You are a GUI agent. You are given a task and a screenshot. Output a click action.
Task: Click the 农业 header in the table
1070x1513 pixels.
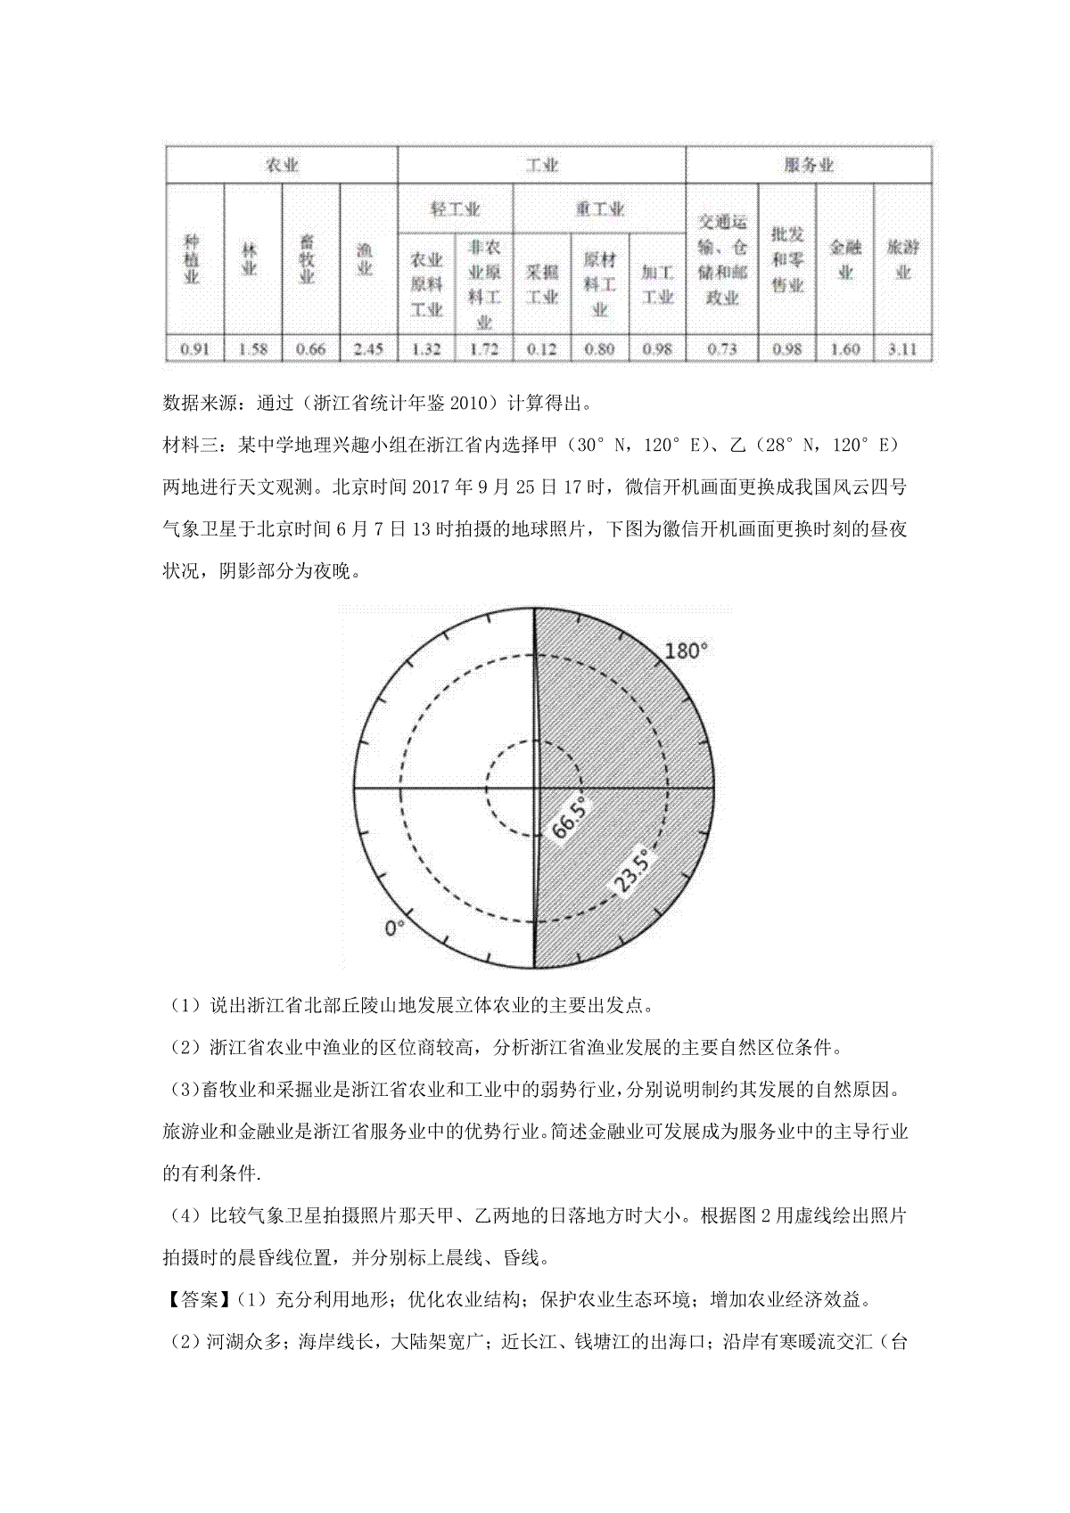pyautogui.click(x=282, y=166)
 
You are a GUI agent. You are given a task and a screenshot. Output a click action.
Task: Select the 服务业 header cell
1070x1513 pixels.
pyautogui.click(x=808, y=166)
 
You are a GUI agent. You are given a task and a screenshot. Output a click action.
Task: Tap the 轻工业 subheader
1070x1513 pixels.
pyautogui.click(x=456, y=209)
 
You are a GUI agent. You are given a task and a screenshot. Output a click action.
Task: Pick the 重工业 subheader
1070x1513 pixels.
pyautogui.click(x=599, y=209)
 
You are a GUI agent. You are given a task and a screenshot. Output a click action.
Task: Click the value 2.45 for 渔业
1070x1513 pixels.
pyautogui.click(x=368, y=348)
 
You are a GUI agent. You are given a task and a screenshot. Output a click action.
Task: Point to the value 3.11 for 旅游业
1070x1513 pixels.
pyautogui.click(x=902, y=348)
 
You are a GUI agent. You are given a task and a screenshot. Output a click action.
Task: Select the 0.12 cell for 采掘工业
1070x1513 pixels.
pyautogui.click(x=542, y=348)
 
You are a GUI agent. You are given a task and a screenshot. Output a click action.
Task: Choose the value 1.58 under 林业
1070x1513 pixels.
pyautogui.click(x=253, y=348)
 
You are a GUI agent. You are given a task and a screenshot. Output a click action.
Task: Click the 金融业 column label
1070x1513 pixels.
pyautogui.click(x=844, y=258)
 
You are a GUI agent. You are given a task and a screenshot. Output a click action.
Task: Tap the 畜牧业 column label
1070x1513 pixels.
pyautogui.click(x=310, y=258)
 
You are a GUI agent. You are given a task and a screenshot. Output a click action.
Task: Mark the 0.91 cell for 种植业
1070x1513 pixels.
pyautogui.click(x=195, y=348)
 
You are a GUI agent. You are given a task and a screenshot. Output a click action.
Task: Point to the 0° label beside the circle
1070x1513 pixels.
pyautogui.click(x=394, y=928)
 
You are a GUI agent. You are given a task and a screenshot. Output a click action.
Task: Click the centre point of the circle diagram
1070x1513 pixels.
pyautogui.click(x=534, y=789)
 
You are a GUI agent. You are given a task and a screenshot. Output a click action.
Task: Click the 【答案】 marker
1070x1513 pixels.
pyautogui.click(x=196, y=1300)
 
